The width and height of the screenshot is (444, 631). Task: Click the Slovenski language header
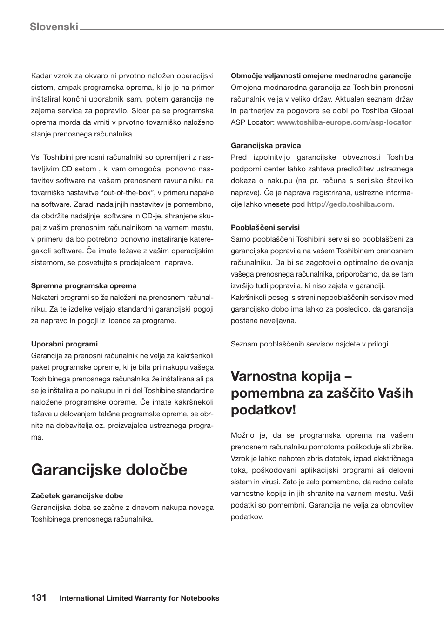[x=54, y=27]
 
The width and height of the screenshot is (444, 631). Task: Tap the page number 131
[x=39, y=597]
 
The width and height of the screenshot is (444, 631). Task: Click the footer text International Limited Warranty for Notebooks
[x=139, y=598]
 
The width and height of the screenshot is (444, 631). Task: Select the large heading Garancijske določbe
[x=109, y=469]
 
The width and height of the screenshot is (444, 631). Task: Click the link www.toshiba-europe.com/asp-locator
[x=344, y=122]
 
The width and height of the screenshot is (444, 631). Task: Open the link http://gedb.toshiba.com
[x=350, y=204]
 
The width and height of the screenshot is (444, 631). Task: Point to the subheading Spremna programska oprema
[x=84, y=286]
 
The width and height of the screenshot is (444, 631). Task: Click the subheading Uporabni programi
[x=64, y=344]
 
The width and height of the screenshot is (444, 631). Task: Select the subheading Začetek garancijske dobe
[x=77, y=496]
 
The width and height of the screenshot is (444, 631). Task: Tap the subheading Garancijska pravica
[x=266, y=146]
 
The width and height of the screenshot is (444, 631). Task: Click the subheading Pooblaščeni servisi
[x=265, y=228]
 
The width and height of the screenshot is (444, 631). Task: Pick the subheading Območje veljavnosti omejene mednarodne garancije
[x=321, y=76]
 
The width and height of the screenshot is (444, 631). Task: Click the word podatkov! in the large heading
[x=263, y=410]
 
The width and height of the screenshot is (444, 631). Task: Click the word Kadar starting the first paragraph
[x=41, y=76]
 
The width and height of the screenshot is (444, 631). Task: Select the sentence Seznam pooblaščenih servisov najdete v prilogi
[x=310, y=344]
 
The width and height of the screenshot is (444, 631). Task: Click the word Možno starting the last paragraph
[x=242, y=435]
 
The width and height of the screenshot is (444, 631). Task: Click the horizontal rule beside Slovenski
[x=261, y=30]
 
